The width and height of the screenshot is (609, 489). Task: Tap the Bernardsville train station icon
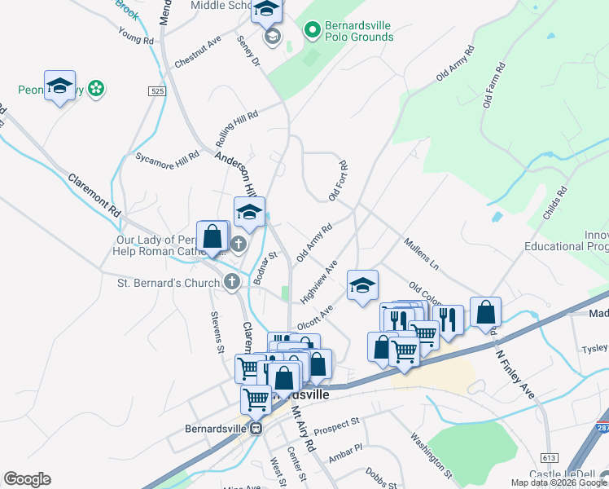pyautogui.click(x=256, y=427)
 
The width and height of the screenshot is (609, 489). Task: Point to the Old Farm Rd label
pyautogui.click(x=494, y=85)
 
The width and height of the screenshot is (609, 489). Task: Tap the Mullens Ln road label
pyautogui.click(x=422, y=253)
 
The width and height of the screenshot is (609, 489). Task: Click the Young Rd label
pyautogui.click(x=136, y=36)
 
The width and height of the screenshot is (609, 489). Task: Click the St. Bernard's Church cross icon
pyautogui.click(x=232, y=283)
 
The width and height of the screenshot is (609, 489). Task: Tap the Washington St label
pyautogui.click(x=431, y=454)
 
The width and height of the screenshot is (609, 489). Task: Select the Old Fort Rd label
pyautogui.click(x=338, y=181)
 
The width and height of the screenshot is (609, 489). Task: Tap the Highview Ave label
pyautogui.click(x=318, y=282)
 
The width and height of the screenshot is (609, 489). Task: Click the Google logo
pyautogui.click(x=27, y=479)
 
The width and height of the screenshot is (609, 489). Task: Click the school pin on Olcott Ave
pyautogui.click(x=362, y=285)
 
